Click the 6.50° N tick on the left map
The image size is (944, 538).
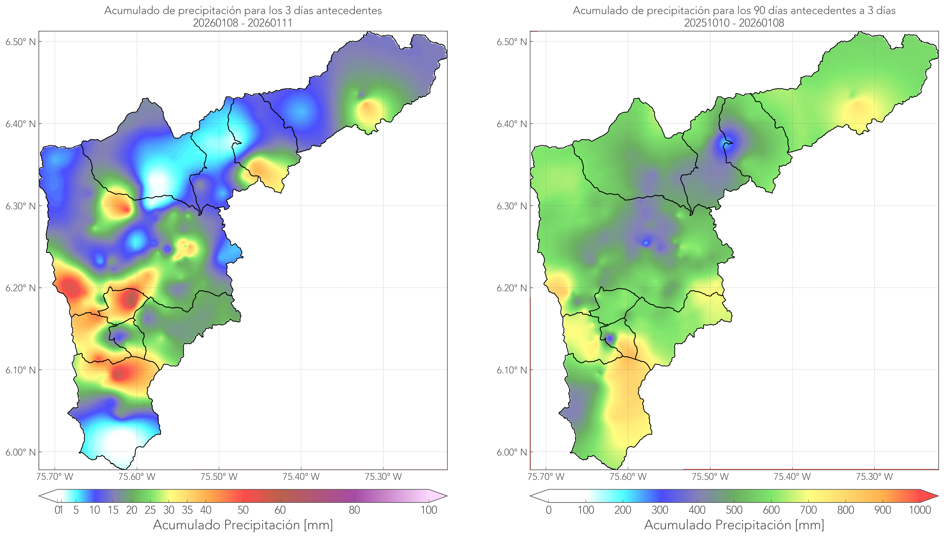[21, 41]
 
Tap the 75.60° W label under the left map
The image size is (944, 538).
[137, 477]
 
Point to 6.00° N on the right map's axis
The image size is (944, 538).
[512, 452]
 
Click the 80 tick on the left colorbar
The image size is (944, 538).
[354, 510]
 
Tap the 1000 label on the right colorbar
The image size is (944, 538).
[920, 510]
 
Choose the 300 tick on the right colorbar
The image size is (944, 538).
[660, 510]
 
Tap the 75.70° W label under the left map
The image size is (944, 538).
[55, 477]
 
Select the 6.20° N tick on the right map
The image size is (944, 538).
[512, 288]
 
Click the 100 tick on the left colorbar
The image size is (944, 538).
[429, 510]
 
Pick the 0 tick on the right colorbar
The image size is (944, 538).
[549, 510]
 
